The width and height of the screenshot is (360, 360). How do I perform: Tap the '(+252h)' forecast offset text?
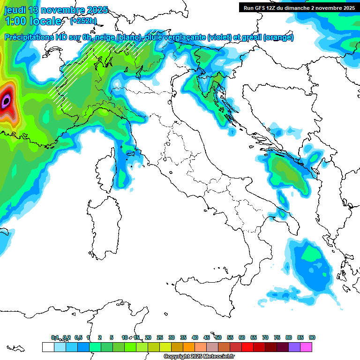pos(83,21)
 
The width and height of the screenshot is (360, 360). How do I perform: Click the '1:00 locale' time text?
pos(32,21)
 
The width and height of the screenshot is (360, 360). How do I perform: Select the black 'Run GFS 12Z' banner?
pos(299,7)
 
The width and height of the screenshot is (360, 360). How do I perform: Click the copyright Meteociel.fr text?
pos(199,357)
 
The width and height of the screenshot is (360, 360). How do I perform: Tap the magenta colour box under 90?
pos(306,347)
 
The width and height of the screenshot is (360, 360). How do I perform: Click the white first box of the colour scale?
pos(48,347)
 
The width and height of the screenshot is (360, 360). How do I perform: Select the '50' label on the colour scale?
pos(218,337)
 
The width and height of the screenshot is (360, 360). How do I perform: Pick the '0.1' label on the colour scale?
pos(55,337)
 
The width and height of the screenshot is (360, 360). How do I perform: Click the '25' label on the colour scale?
pos(159,337)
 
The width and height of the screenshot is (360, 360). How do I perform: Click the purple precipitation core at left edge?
pos(6,100)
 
